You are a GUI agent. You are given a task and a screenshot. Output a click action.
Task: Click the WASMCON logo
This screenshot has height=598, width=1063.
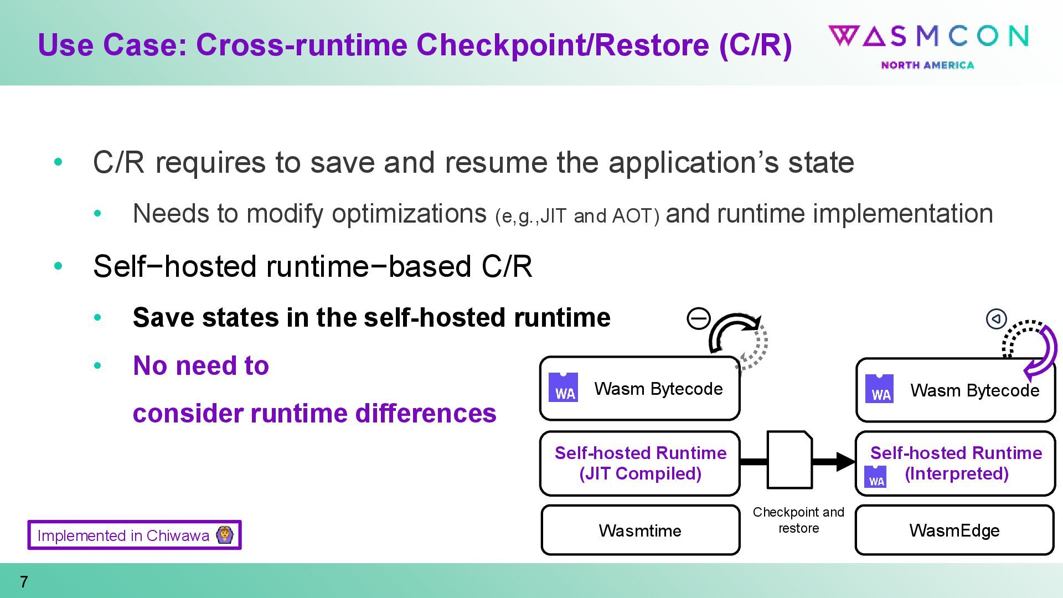pyautogui.click(x=928, y=37)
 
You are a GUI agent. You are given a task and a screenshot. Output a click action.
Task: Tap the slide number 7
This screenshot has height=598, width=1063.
pyautogui.click(x=24, y=582)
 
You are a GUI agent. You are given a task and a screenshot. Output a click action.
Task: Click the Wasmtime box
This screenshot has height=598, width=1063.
pyautogui.click(x=640, y=530)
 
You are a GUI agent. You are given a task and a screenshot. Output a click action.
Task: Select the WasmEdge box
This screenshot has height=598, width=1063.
pyautogui.click(x=954, y=530)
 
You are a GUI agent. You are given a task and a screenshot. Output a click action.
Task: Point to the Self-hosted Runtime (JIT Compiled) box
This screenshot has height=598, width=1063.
pyautogui.click(x=640, y=463)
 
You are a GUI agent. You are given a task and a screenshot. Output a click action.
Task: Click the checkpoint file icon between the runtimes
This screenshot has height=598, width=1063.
pyautogui.click(x=789, y=460)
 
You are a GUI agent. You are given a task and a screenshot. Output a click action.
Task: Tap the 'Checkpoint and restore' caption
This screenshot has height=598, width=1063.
pyautogui.click(x=798, y=520)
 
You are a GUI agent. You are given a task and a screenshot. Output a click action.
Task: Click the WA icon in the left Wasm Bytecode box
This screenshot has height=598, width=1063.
pyautogui.click(x=563, y=387)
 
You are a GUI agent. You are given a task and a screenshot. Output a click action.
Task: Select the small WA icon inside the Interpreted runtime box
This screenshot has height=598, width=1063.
pyautogui.click(x=875, y=477)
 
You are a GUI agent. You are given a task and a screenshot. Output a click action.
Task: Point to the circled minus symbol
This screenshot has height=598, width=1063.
pyautogui.click(x=699, y=318)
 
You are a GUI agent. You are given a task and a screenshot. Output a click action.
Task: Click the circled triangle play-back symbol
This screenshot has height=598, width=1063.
pyautogui.click(x=996, y=319)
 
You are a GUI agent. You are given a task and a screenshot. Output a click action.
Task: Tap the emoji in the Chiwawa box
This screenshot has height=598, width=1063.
pyautogui.click(x=225, y=535)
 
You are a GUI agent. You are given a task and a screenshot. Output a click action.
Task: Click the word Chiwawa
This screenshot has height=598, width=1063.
pyautogui.click(x=178, y=535)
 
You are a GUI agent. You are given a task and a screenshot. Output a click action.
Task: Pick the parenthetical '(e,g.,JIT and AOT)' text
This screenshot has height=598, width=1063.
pyautogui.click(x=577, y=216)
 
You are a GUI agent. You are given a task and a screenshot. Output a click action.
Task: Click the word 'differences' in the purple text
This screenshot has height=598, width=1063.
pyautogui.click(x=425, y=413)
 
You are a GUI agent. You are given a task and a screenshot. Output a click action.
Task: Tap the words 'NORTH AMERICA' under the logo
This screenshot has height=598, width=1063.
pyautogui.click(x=927, y=65)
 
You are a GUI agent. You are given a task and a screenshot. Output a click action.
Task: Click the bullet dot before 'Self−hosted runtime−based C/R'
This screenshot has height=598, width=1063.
pyautogui.click(x=58, y=266)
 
